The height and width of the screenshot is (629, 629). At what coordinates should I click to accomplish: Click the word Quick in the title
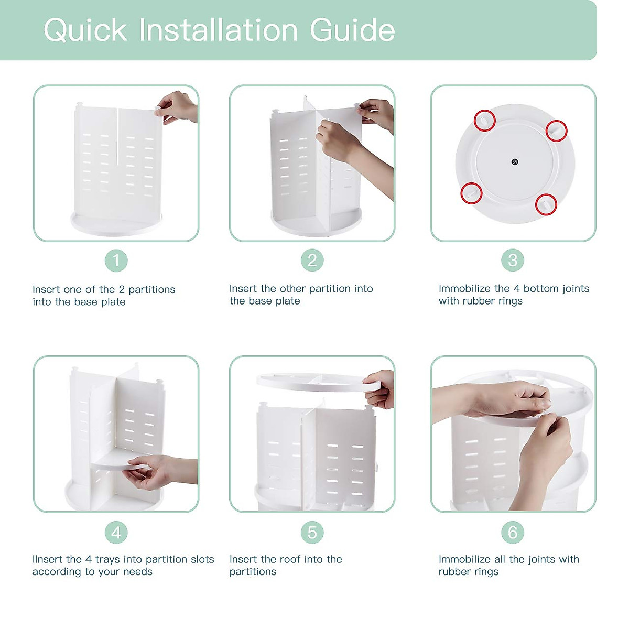click(85, 31)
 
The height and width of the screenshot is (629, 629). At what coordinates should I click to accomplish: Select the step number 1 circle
click(116, 261)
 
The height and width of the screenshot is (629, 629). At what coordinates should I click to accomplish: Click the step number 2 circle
click(312, 260)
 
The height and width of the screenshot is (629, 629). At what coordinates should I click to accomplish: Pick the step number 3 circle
click(513, 260)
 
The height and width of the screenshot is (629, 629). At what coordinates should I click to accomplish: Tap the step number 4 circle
click(116, 533)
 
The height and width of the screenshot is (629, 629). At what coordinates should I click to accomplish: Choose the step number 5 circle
click(312, 533)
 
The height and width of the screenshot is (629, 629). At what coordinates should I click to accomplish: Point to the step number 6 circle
click(513, 533)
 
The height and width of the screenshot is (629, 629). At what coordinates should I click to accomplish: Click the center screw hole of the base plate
click(515, 162)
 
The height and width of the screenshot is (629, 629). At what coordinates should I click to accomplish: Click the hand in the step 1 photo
click(176, 107)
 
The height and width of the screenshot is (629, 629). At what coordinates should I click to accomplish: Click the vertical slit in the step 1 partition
click(117, 136)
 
